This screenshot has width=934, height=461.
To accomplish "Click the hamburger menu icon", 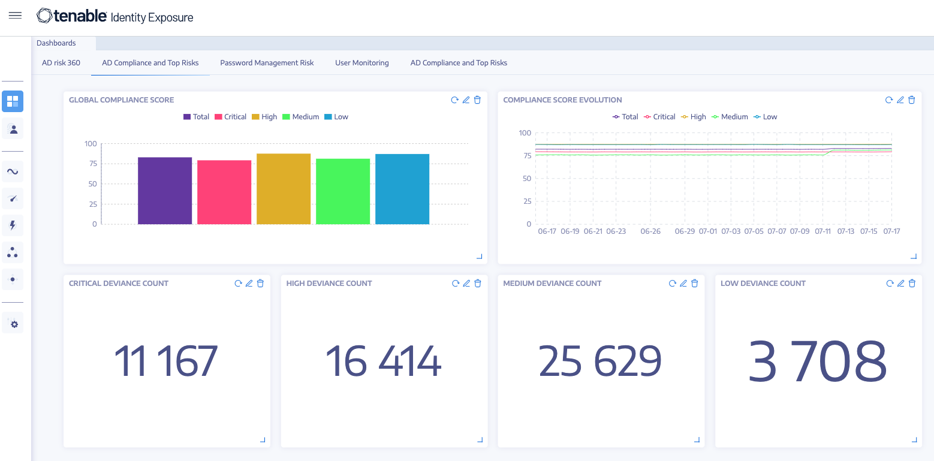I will point(15,16).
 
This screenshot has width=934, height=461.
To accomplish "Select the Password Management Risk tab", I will point(267,62).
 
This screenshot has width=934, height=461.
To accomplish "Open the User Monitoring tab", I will point(361,62).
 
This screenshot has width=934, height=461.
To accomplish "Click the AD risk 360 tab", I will point(61,62).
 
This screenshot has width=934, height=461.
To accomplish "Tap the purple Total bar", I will point(165,191).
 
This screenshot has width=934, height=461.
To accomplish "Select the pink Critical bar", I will point(224,192).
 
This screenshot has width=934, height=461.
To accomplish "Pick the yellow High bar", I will point(284,189).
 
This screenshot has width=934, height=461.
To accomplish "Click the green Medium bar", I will point(343,191).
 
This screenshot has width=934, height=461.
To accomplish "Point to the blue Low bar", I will point(402,189).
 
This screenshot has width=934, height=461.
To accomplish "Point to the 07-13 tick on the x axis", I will point(845,231).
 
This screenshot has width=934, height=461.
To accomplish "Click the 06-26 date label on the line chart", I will point(650,231).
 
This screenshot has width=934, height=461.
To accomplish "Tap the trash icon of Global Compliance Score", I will point(478,100).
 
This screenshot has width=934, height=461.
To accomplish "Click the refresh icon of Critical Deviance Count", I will point(238,284).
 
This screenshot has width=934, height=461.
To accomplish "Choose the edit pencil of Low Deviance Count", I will point(900,284).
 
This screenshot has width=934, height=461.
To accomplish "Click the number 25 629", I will point(600,361).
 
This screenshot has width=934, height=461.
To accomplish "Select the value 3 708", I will point(818,361).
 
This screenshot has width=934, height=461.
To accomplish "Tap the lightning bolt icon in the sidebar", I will point(13,225).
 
